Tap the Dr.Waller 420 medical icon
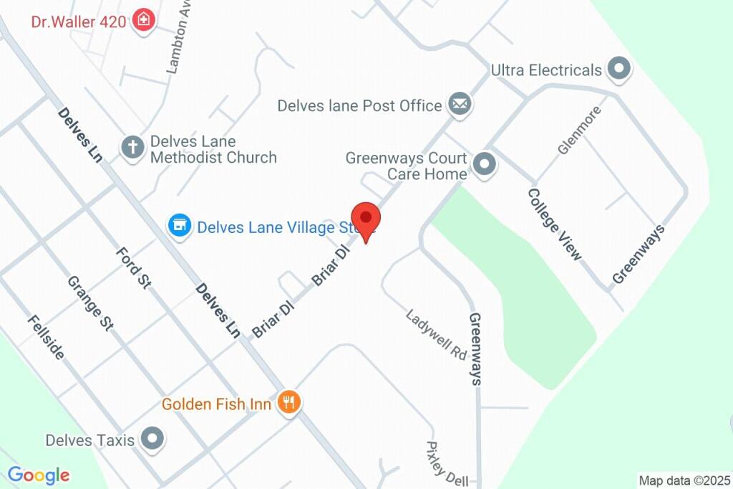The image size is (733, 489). [144, 21]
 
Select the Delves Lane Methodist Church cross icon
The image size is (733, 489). [132, 148]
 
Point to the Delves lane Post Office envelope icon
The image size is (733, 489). [460, 105]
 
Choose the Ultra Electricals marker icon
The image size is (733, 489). [618, 70]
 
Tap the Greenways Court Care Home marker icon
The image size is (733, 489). [485, 165]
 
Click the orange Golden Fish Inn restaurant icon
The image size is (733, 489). [289, 403]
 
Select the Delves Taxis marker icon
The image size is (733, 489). [152, 439]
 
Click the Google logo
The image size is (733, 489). [38, 475]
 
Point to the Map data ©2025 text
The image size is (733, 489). [684, 480]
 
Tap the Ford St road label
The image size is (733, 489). [134, 267]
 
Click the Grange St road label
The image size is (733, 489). [91, 303]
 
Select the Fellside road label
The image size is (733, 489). [47, 337]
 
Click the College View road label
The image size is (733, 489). [555, 224]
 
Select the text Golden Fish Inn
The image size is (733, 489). [217, 404]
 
